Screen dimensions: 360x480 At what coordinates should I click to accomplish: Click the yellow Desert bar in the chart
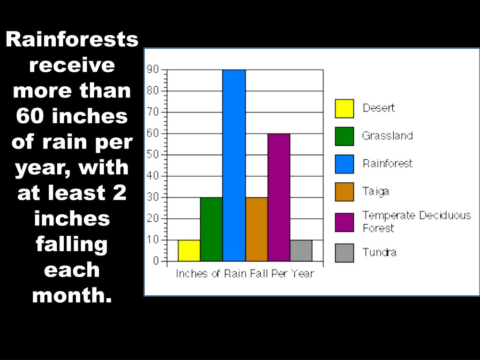(x=189, y=250)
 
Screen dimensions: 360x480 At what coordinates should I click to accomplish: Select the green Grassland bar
(x=211, y=229)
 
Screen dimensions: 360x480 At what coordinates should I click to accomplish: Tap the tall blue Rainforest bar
(x=234, y=165)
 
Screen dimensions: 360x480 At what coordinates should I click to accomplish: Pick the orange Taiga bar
(x=256, y=229)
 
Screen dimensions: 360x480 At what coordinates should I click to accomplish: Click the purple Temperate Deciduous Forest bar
(x=279, y=197)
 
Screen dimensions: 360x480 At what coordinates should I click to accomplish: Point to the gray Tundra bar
(x=301, y=250)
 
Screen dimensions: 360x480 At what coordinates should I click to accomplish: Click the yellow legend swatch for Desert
(x=344, y=108)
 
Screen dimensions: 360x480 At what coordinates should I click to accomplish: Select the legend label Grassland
(x=387, y=136)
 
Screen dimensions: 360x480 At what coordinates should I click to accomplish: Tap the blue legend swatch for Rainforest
(x=344, y=164)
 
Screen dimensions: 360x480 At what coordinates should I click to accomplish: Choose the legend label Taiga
(x=375, y=191)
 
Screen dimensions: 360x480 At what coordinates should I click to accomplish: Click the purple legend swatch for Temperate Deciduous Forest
(x=344, y=222)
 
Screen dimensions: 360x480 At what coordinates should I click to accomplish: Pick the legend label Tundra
(x=379, y=252)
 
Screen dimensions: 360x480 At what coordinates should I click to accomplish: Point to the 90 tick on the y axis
(x=153, y=69)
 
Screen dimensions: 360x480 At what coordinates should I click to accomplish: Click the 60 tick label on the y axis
(x=153, y=133)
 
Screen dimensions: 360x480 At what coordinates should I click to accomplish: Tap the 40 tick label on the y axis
(x=153, y=176)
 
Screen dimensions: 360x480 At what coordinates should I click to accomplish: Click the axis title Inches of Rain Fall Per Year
(x=245, y=274)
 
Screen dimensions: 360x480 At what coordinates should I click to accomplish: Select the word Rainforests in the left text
(x=72, y=40)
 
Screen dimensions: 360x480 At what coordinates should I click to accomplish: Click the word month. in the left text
(x=72, y=295)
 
